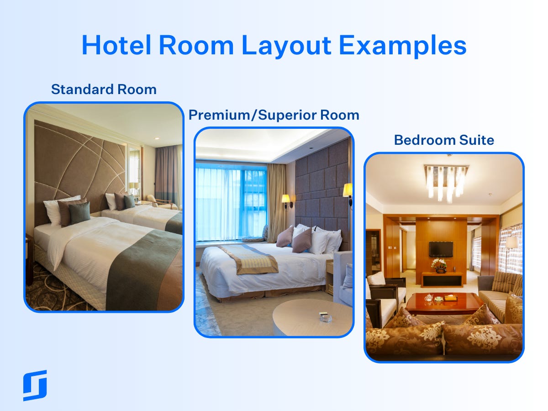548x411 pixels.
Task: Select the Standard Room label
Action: coord(104,90)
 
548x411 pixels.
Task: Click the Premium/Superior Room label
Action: coord(274,115)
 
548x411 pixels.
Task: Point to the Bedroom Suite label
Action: coord(444,140)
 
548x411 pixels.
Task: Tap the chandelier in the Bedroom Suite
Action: coord(445,181)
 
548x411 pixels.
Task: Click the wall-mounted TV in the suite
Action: coord(441,249)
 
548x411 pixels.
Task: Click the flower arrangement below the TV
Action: coord(440,265)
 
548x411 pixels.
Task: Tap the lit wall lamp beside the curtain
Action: coord(286,200)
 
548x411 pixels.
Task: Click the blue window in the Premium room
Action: coord(231,201)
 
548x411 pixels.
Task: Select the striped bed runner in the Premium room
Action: coord(249,258)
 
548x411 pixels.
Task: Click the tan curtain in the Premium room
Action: coord(276,196)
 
